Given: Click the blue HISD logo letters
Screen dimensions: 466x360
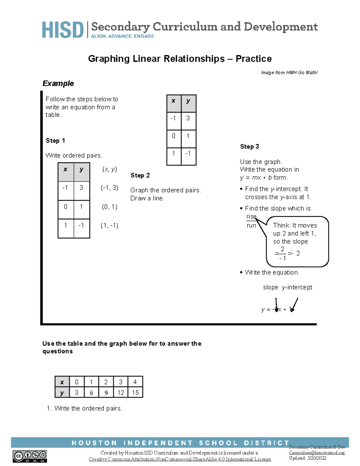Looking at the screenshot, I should [x=62, y=30].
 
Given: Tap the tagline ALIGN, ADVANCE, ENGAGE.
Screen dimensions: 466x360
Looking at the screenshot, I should [x=123, y=36].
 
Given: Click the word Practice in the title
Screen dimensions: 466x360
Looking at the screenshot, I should [x=253, y=59].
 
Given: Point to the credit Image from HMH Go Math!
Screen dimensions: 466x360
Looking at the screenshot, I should [x=289, y=73].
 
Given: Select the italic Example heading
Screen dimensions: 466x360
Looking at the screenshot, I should [x=58, y=83].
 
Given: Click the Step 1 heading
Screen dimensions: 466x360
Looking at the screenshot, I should [x=55, y=141].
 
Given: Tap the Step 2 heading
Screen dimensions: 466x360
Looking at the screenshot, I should [x=140, y=176].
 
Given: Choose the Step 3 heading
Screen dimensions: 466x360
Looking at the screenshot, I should [x=249, y=147].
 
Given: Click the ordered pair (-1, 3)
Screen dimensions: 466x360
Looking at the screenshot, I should [x=109, y=188].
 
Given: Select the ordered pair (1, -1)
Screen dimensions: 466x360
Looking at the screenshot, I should [x=109, y=226].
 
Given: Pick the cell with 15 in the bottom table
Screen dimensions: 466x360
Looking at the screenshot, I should [x=135, y=392].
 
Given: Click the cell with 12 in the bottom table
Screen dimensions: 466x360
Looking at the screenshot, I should [x=121, y=392].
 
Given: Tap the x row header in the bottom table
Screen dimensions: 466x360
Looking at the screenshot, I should [x=62, y=382].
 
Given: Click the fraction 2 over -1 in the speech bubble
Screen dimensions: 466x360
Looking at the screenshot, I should [x=282, y=254].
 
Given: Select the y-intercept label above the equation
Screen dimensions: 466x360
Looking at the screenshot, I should [x=297, y=287].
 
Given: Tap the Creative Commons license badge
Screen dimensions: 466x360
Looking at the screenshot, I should [x=30, y=456].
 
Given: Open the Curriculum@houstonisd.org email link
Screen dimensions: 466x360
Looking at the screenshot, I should [x=317, y=452].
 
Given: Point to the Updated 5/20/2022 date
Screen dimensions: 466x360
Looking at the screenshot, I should [x=307, y=458].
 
